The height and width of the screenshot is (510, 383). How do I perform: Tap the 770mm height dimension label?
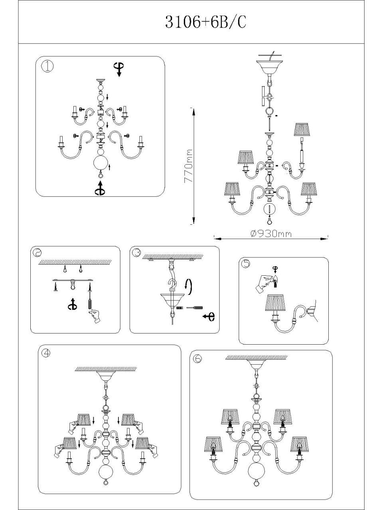point(188,165)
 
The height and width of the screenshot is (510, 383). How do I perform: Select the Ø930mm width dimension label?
point(271,234)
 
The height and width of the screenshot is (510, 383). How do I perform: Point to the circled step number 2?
point(37,253)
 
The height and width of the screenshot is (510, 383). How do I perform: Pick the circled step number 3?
point(136,253)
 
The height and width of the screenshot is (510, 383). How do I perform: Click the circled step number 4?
point(46,352)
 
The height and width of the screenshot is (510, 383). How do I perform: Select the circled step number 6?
point(197,359)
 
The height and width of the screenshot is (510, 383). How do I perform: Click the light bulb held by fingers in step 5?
point(275,281)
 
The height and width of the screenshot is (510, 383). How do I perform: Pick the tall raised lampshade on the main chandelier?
point(302,129)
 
